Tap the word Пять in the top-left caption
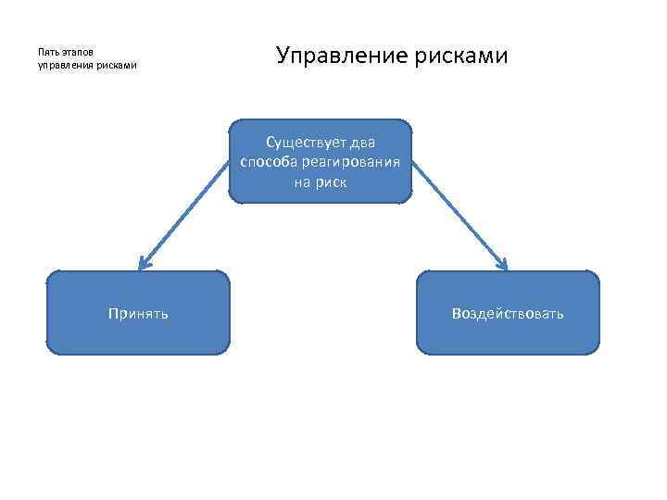point(47,53)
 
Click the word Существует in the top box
point(302,143)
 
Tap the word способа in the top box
point(268,162)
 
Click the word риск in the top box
point(332,181)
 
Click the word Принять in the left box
point(138,314)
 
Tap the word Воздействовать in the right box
point(508,314)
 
